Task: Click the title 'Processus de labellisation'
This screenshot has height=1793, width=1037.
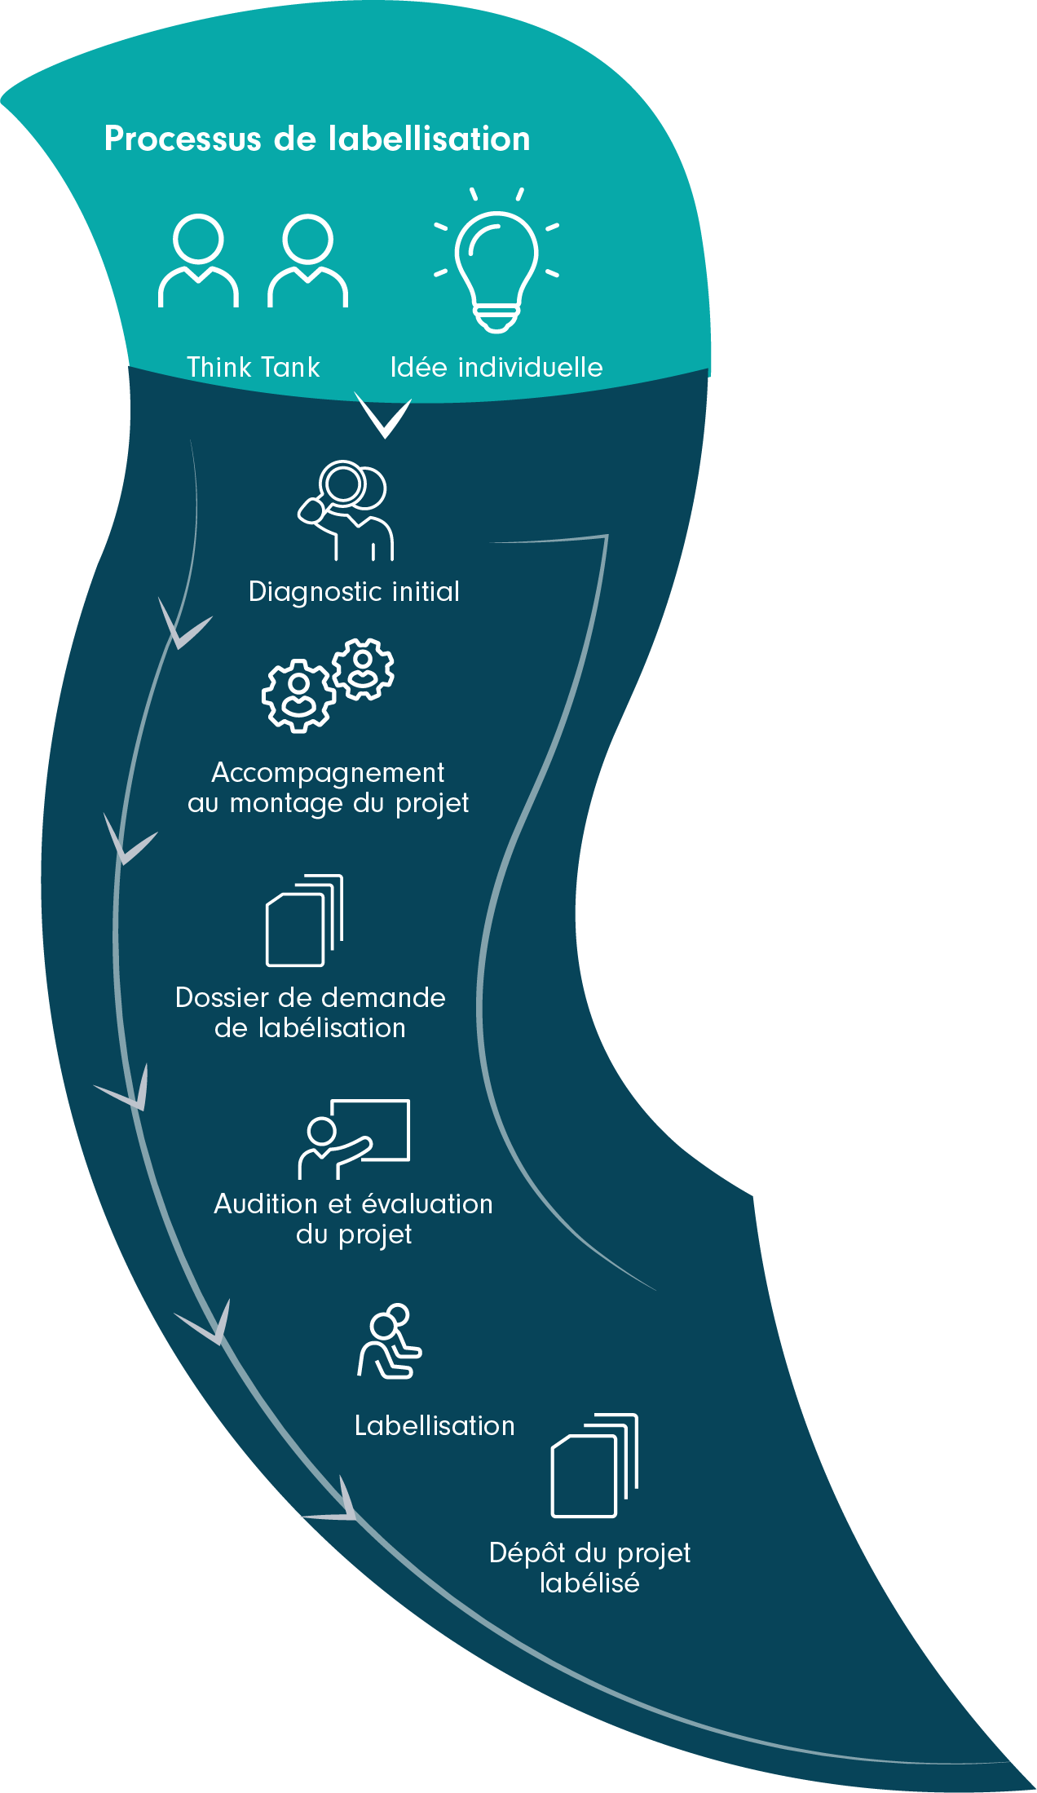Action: coord(317,139)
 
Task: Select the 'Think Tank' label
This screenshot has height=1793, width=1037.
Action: coord(254,368)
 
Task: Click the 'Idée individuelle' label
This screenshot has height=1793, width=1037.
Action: coord(496,368)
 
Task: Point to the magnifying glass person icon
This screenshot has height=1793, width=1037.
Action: coord(346,510)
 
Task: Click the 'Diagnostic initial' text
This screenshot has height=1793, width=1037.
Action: coord(354,592)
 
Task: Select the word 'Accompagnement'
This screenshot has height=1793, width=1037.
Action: coord(328,772)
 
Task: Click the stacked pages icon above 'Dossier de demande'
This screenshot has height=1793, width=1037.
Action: coord(305,921)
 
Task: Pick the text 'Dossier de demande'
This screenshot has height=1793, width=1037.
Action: coord(311,998)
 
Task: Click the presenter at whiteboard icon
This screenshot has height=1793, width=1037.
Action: coord(354,1139)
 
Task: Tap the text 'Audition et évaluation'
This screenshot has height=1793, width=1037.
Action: coord(353,1204)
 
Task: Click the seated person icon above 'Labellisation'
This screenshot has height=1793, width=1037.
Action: coord(390,1342)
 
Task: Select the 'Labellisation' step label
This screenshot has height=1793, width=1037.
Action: coord(435,1426)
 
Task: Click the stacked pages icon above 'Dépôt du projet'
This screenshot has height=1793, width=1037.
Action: coord(594,1465)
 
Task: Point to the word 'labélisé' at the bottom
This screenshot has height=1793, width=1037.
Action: coord(589,1583)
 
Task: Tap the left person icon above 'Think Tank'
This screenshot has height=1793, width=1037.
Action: coord(198,261)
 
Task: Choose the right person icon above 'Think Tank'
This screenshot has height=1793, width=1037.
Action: coord(308,261)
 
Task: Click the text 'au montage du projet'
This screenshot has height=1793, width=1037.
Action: coord(328,804)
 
